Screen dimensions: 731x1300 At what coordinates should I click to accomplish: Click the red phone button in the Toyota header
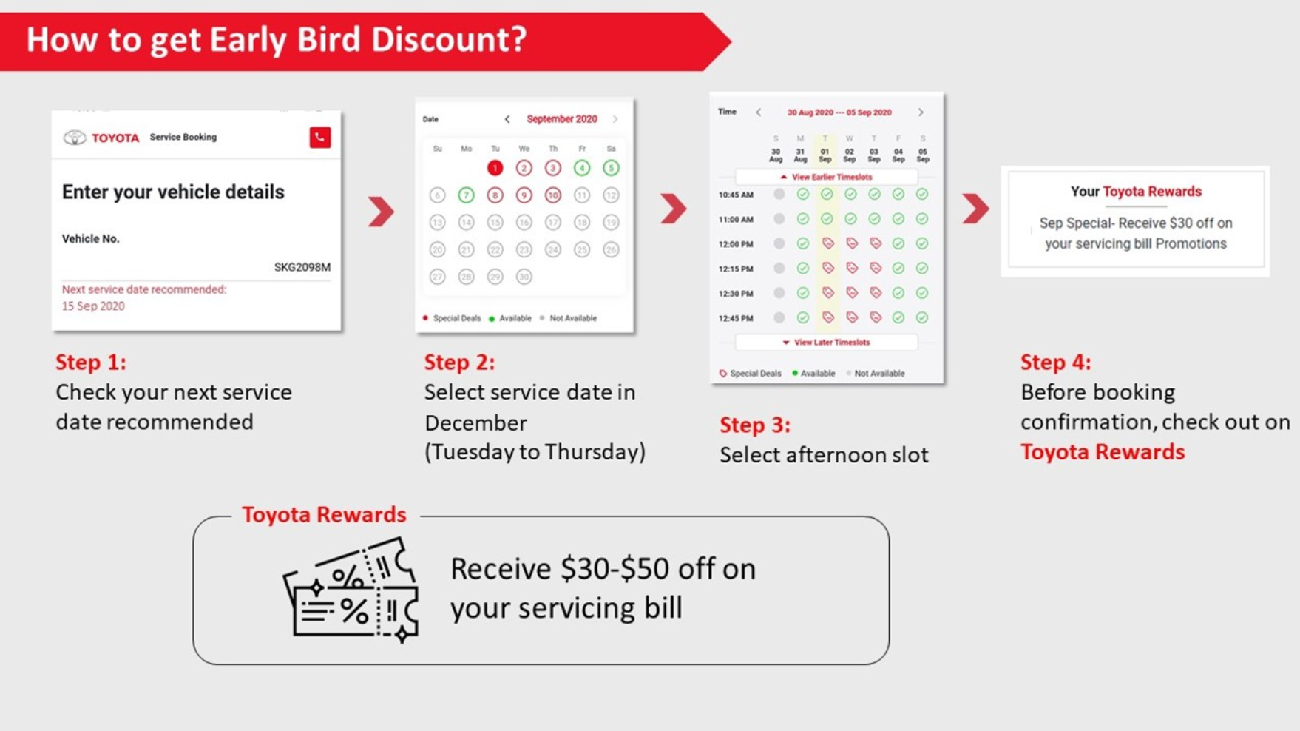coord(319,138)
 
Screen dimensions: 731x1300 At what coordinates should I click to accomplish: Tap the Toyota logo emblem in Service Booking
coord(74,138)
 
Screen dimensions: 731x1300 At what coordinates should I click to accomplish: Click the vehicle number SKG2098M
coord(302,267)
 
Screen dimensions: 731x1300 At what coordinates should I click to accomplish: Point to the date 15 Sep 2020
coord(93,306)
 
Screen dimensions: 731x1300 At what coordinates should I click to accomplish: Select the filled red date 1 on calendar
coord(495,168)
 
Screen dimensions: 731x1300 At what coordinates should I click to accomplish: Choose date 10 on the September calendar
coord(552,195)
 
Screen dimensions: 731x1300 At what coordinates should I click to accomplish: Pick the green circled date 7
coord(466,195)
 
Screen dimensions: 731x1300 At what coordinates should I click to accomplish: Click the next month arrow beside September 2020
coord(615,119)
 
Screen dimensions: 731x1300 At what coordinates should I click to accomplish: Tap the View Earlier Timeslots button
coord(826,177)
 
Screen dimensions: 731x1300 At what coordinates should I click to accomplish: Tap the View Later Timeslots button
coord(826,343)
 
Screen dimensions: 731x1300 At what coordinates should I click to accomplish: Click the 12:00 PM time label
coord(736,244)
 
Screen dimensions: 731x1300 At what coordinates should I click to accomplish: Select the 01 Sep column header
coord(825,155)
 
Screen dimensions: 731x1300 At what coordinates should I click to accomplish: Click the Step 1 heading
coord(91,362)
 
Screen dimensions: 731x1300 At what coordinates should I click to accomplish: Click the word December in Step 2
coord(475,422)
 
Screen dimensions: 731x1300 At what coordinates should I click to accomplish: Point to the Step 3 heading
coord(755,425)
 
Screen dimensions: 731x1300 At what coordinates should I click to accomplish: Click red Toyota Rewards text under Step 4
coord(1103,451)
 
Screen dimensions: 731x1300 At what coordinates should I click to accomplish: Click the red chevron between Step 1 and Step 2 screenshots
coord(381,212)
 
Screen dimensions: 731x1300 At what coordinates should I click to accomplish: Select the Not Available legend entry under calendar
coord(572,318)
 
